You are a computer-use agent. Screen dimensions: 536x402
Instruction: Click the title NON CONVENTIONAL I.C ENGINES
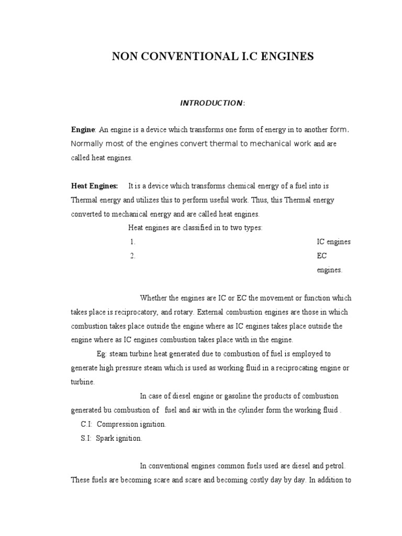[213, 57]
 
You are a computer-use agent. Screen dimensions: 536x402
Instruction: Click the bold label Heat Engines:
[95, 186]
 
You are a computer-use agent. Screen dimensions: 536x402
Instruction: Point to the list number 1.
[133, 242]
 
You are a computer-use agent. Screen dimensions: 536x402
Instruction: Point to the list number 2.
[133, 256]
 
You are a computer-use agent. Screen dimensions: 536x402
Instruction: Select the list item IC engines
[333, 242]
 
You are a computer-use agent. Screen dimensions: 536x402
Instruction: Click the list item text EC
[321, 256]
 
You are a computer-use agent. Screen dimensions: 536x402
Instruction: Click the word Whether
[154, 298]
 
